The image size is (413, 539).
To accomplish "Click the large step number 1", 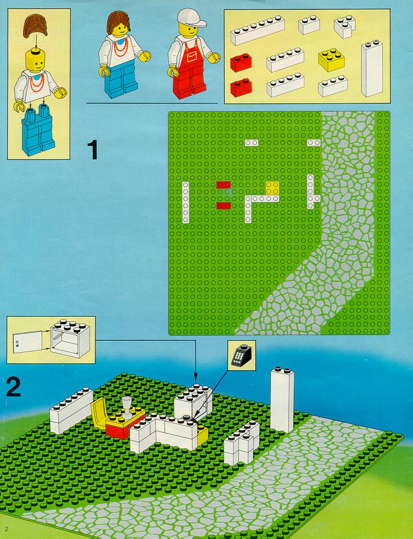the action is coord(93,150).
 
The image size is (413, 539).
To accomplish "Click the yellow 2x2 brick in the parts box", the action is coord(332,60).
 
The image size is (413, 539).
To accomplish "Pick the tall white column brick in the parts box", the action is coord(372,68).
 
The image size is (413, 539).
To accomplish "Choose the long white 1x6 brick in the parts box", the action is coord(257,30).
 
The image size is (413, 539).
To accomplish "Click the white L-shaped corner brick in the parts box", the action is coord(344,26).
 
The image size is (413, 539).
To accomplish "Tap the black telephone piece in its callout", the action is coord(241,355).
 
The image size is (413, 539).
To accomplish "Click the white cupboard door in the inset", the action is coord(27,342).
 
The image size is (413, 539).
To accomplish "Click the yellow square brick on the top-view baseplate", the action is coord(272,188).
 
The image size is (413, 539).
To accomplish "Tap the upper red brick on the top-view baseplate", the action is coord(223,185).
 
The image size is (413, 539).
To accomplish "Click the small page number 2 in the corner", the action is coord(7,529).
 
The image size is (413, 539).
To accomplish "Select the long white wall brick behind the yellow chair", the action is coord(71,410).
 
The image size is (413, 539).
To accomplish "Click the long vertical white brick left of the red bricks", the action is coord(186,202).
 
